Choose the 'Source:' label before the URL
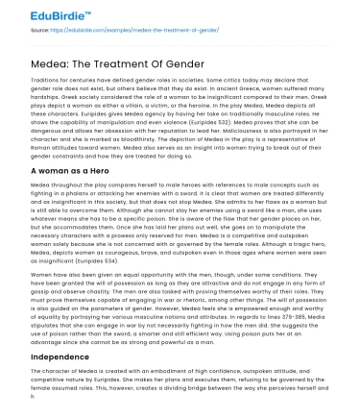39,31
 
